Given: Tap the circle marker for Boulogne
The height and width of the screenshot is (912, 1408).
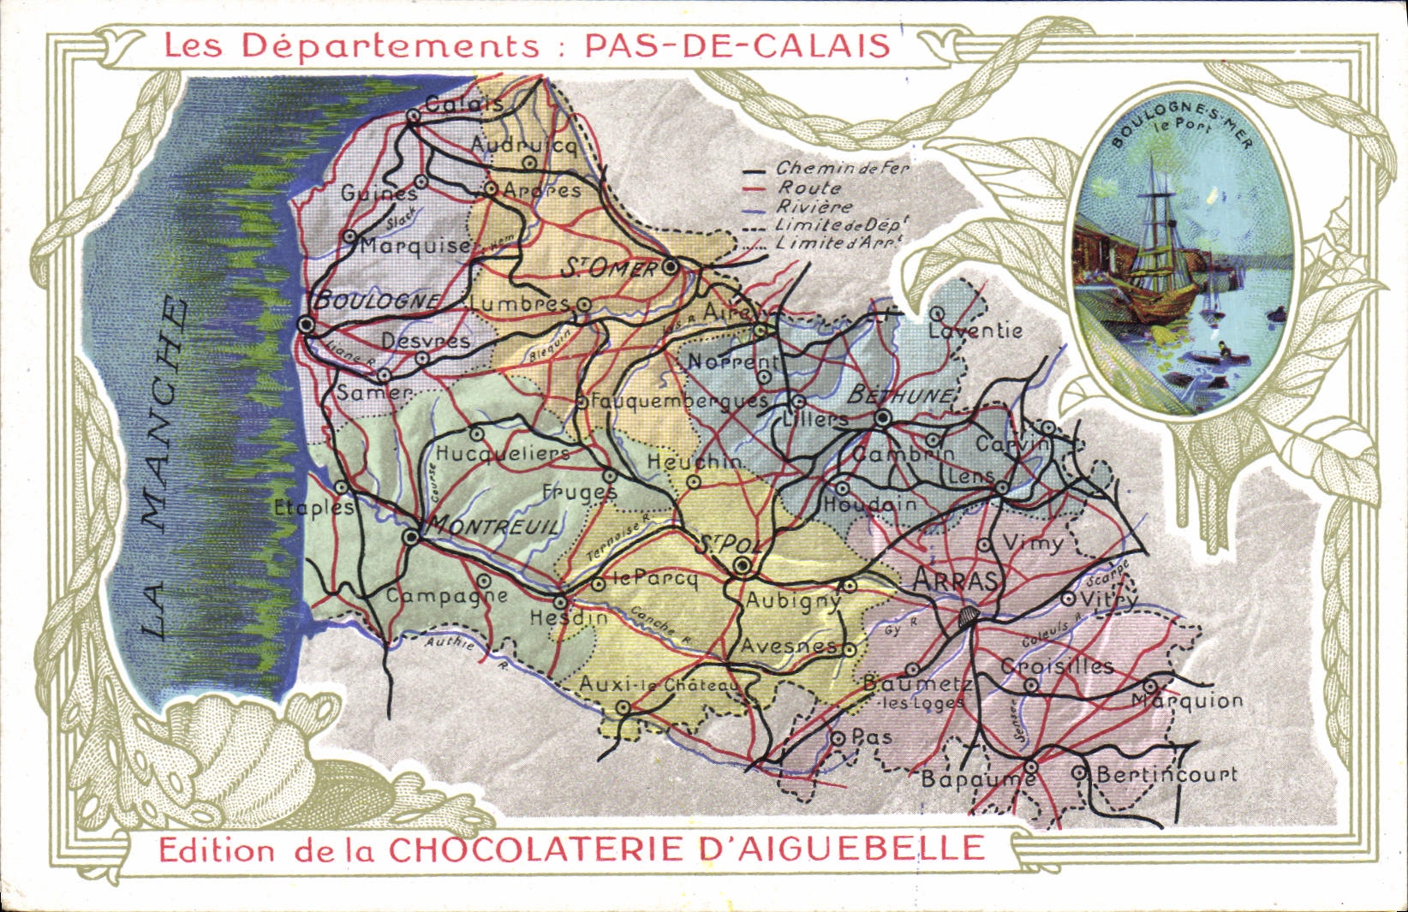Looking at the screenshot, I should (x=307, y=325).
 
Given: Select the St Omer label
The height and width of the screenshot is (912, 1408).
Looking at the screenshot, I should (x=609, y=269).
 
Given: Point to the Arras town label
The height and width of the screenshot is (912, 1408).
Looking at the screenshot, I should (x=957, y=581).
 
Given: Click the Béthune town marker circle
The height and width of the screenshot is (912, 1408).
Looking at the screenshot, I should (x=883, y=418).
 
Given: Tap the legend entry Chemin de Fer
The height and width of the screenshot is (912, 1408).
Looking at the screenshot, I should (x=842, y=169).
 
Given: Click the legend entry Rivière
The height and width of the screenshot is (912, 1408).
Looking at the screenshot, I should (x=814, y=206).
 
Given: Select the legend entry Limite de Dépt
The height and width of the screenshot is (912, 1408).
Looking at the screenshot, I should (x=840, y=225).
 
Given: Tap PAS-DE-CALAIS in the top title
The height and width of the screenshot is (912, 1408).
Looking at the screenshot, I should (x=737, y=45).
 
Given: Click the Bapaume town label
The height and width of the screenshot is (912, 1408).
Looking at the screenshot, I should (x=977, y=779).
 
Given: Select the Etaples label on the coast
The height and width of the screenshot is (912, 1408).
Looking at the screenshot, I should (x=313, y=507).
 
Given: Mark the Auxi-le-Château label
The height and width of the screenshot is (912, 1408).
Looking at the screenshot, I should (x=658, y=685).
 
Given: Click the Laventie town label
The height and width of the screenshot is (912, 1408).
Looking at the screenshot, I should (x=975, y=331).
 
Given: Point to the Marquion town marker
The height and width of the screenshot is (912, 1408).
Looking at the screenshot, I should (x=1149, y=686).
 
